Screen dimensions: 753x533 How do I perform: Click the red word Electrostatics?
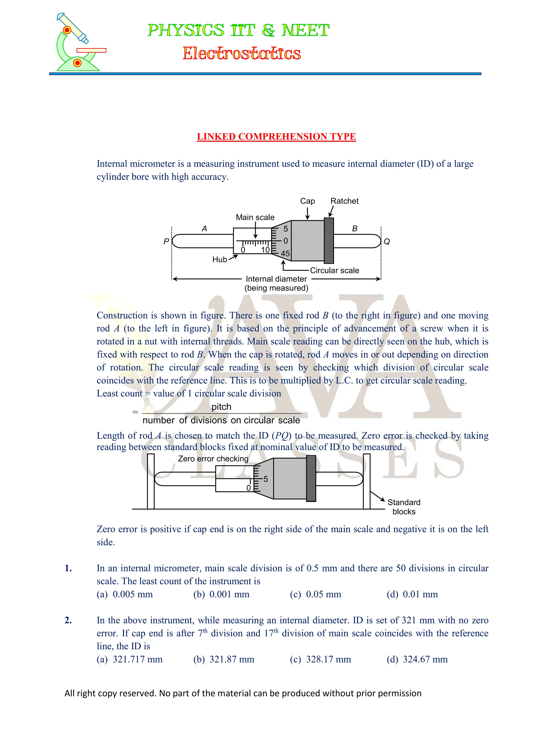(x=242, y=54)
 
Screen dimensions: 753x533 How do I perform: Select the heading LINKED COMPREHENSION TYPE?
(x=276, y=137)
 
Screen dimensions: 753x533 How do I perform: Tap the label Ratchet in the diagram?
(x=344, y=201)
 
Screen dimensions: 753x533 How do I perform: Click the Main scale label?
(x=255, y=217)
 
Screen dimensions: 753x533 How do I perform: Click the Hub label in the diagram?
(x=220, y=259)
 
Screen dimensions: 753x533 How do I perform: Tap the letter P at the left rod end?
(x=166, y=241)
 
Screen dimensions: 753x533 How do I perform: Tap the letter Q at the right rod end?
(x=387, y=242)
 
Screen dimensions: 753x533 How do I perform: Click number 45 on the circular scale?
(x=285, y=254)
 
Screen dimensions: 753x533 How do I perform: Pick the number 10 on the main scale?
(x=265, y=250)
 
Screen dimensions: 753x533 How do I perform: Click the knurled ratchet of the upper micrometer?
(x=329, y=241)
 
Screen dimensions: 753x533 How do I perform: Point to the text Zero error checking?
(x=213, y=458)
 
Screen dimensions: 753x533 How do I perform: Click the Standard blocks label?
(x=404, y=507)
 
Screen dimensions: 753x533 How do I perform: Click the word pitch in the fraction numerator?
(x=221, y=407)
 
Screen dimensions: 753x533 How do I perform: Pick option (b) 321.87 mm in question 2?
(x=224, y=659)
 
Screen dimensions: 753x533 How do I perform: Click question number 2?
(x=68, y=620)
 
